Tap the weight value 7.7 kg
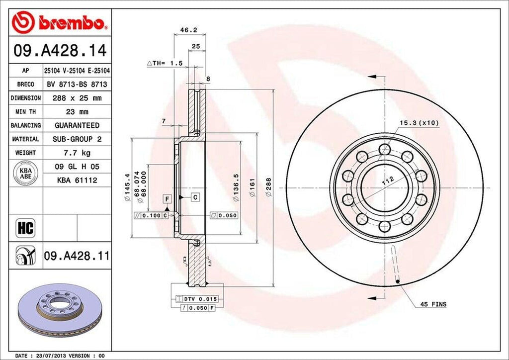(x=77, y=153)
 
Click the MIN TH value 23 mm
(x=77, y=112)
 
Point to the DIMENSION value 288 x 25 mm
(x=77, y=98)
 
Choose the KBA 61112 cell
(x=77, y=180)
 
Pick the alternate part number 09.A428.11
(x=77, y=256)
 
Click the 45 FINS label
(x=432, y=304)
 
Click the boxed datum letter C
(x=195, y=197)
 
